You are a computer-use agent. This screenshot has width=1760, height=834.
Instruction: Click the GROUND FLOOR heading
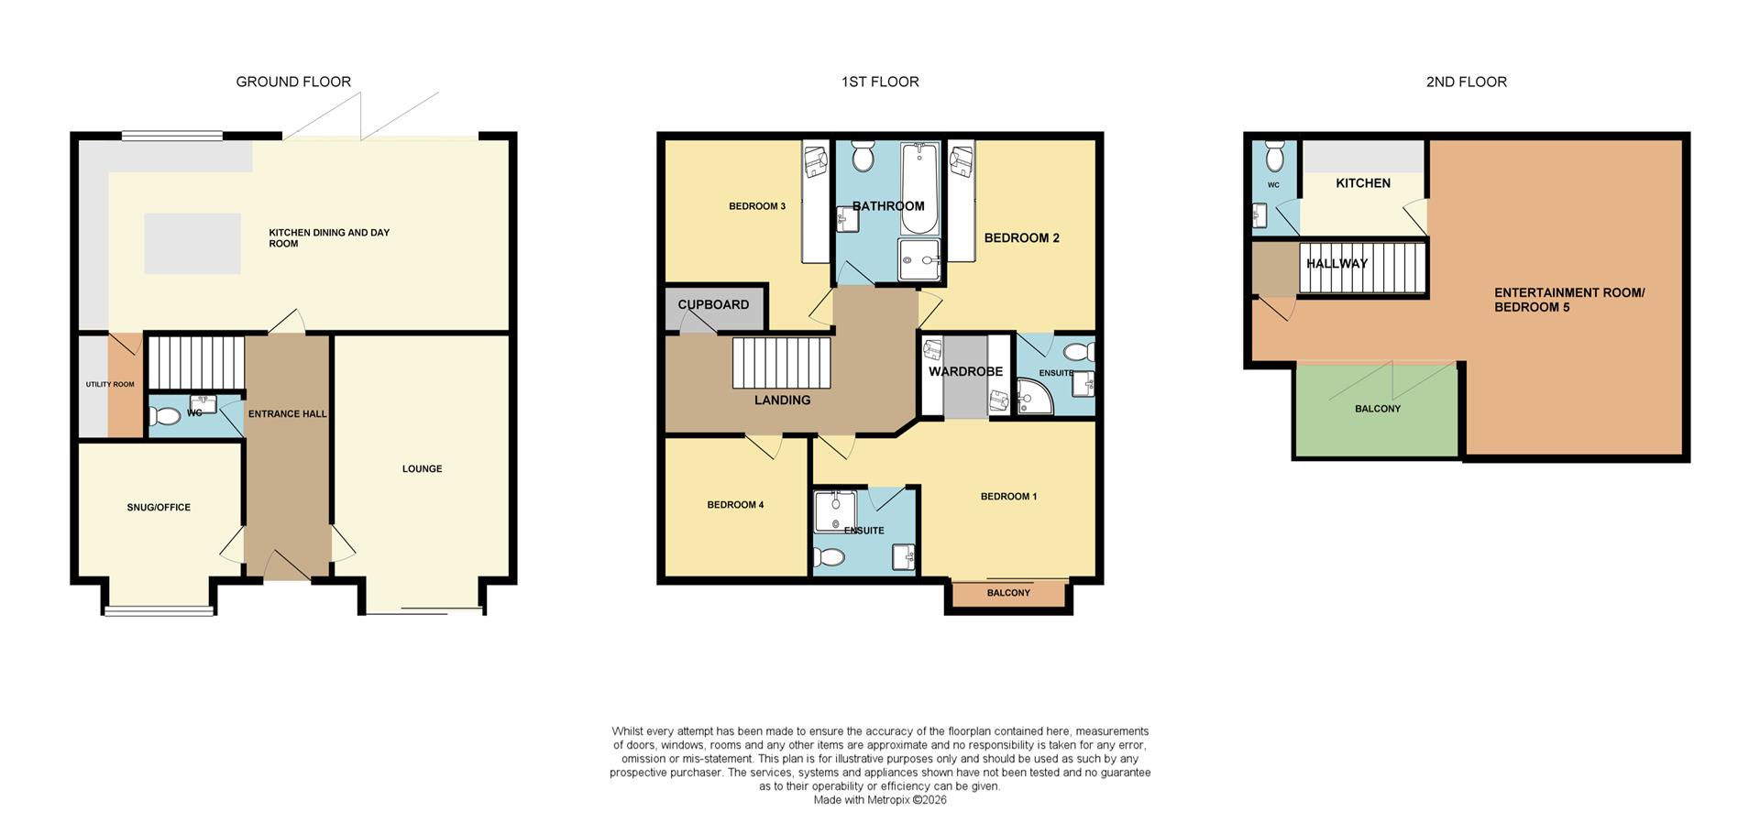(293, 82)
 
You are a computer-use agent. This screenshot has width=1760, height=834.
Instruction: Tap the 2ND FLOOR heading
(1466, 82)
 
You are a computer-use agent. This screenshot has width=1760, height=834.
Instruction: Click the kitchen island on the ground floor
(192, 244)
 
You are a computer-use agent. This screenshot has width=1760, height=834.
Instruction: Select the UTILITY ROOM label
(110, 384)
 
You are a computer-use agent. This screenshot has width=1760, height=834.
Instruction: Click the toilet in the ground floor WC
(166, 417)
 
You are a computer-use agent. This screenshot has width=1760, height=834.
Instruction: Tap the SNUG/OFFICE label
(159, 507)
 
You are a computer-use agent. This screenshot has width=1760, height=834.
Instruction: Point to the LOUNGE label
(422, 468)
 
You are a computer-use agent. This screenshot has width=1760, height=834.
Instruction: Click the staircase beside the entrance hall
(196, 362)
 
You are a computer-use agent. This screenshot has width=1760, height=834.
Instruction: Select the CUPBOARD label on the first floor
(713, 304)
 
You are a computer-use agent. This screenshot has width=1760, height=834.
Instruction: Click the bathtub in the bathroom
(919, 188)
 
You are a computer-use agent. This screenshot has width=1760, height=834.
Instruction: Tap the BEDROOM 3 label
(757, 206)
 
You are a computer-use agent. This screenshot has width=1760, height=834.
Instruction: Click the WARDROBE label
(965, 371)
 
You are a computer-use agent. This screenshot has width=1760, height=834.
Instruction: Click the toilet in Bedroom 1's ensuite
(830, 556)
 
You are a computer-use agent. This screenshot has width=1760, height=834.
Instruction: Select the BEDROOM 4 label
(735, 504)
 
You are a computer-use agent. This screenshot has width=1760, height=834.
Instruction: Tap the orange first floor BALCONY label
(1008, 593)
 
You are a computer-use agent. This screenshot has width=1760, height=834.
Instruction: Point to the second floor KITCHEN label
(1363, 183)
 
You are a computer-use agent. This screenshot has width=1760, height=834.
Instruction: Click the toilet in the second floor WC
(1274, 158)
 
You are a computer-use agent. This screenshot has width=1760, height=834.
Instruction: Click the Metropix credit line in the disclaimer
(880, 800)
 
